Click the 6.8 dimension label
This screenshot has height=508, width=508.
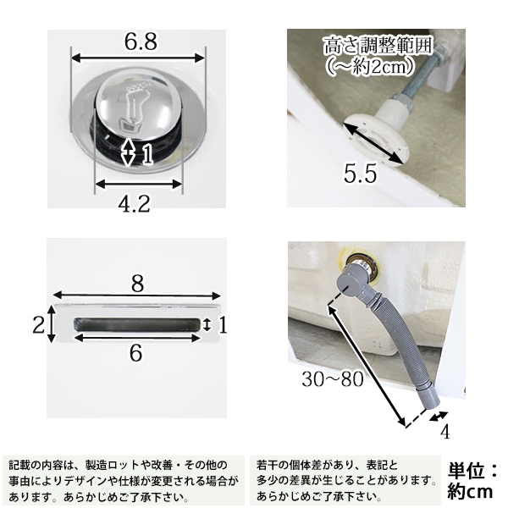click(141, 41)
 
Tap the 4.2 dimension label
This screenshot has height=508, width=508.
click(134, 204)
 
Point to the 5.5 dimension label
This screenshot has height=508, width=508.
click(361, 174)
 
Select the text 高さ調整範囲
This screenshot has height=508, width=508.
click(378, 46)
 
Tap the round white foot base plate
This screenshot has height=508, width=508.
click(376, 140)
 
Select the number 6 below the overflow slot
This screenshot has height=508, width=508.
click(135, 352)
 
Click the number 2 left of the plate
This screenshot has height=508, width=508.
click(39, 324)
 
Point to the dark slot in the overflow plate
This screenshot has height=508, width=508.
click(137, 324)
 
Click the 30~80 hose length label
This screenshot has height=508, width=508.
click(333, 378)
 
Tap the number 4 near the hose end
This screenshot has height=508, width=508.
click(445, 432)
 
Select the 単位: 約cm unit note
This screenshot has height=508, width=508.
click(472, 480)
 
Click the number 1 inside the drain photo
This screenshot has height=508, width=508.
click(147, 154)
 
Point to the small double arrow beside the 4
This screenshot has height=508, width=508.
click(439, 417)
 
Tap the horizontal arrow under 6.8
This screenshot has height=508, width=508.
click(138, 58)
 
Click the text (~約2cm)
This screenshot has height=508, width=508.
click(370, 66)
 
